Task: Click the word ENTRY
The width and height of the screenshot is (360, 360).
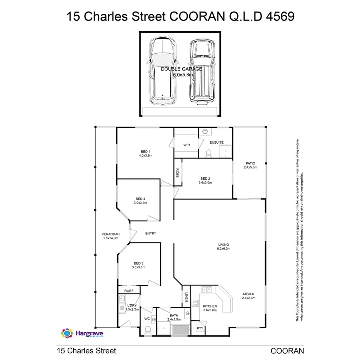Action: (x=151, y=233)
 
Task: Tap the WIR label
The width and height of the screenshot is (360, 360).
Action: (x=186, y=145)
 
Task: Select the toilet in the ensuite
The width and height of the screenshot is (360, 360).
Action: (x=209, y=154)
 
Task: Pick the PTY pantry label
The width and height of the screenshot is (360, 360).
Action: (x=200, y=328)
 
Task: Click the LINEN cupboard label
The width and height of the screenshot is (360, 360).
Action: (x=186, y=297)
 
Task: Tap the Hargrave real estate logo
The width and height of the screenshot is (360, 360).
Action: (x=82, y=333)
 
